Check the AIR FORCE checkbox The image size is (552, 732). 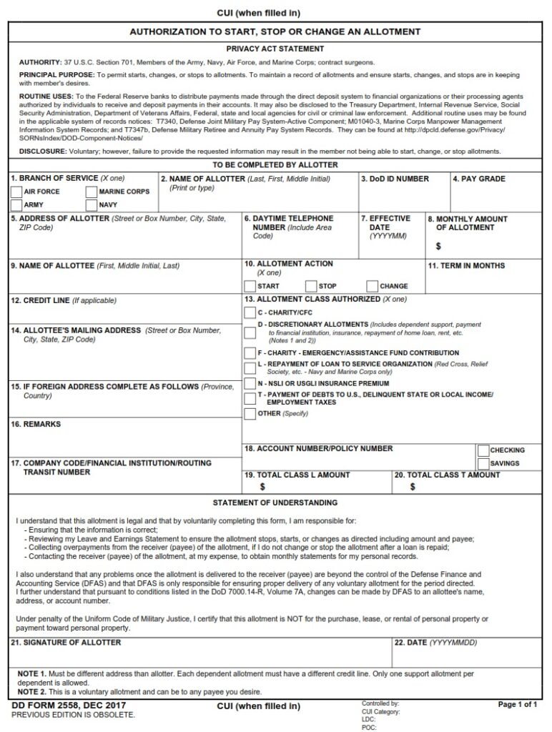(x=17, y=192)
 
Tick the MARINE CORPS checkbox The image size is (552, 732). (x=91, y=192)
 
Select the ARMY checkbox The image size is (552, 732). (x=17, y=205)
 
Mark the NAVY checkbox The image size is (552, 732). (x=91, y=205)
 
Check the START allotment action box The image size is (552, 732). (x=250, y=286)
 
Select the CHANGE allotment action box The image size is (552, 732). (x=372, y=286)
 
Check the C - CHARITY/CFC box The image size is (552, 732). (x=250, y=313)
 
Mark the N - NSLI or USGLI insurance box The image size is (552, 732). (x=250, y=384)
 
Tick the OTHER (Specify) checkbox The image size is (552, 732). (x=250, y=414)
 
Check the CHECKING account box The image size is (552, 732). (x=483, y=450)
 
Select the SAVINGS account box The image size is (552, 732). (x=483, y=464)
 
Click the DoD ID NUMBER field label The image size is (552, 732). (x=395, y=179)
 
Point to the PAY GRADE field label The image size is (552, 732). (x=479, y=179)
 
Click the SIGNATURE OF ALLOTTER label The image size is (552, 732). (x=66, y=643)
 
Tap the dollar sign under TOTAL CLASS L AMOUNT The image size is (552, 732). (x=262, y=487)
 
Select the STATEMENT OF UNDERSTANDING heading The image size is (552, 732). (x=275, y=503)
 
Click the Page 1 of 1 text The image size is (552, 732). (x=517, y=705)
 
